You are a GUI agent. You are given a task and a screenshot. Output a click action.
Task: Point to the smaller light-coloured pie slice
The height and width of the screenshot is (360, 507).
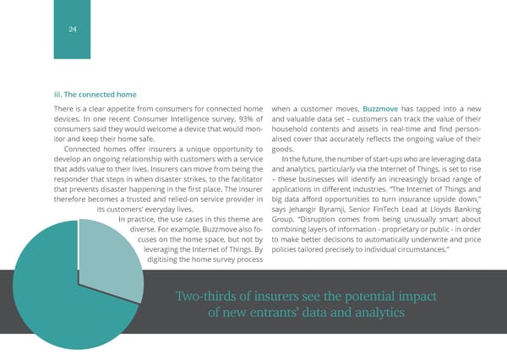click(x=105, y=228)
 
